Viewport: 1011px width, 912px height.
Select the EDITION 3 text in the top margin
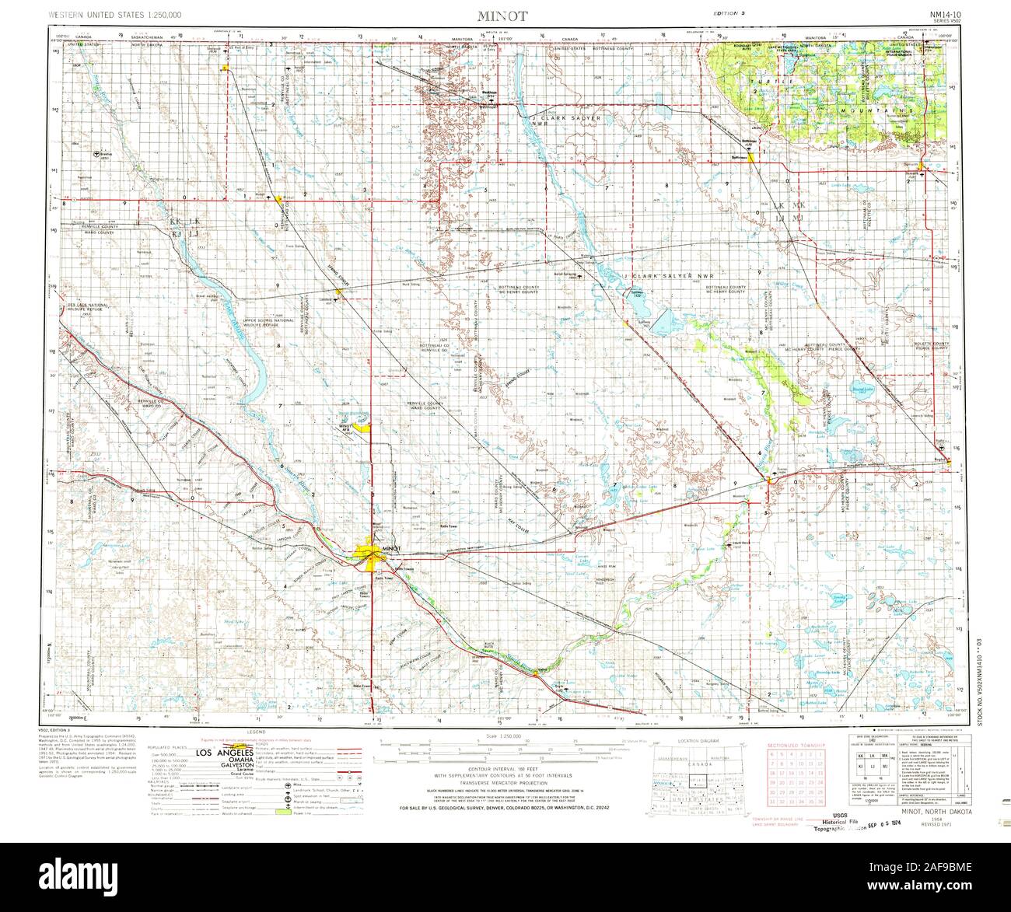730,16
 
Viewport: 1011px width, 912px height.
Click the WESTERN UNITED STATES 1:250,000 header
115,16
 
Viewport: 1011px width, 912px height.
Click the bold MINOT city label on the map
390,548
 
